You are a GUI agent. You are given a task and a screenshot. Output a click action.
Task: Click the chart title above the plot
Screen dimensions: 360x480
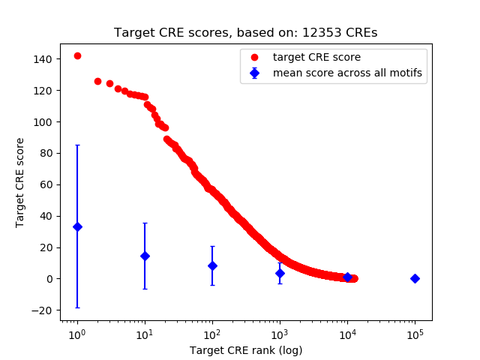click(x=246, y=33)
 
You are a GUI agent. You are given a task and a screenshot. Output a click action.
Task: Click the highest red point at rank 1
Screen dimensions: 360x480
click(x=77, y=55)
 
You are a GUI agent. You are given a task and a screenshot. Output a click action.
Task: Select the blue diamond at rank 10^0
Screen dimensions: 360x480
click(x=77, y=226)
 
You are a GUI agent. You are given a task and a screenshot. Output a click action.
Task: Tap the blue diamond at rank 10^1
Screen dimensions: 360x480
click(x=145, y=256)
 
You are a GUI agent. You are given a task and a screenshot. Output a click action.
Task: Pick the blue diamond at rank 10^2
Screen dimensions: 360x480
click(x=212, y=265)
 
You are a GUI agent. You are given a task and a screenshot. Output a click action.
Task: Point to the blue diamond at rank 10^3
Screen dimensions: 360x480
click(x=280, y=273)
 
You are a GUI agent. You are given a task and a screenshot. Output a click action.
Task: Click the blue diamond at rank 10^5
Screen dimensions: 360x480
click(x=415, y=278)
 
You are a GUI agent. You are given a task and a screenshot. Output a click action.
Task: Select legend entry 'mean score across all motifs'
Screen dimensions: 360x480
click(x=347, y=73)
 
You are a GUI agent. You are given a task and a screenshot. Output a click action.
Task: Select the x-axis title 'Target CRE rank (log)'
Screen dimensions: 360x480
click(x=246, y=349)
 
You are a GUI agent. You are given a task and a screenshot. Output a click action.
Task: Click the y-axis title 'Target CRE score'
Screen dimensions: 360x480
click(x=20, y=182)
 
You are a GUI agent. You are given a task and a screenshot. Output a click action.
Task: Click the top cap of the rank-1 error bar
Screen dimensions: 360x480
click(x=77, y=145)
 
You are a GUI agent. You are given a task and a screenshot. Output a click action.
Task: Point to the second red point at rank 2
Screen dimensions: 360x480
click(x=97, y=81)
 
